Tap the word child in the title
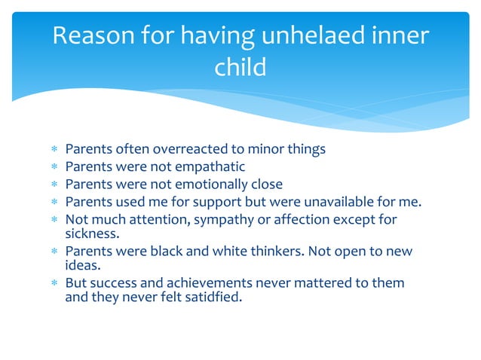[240, 68]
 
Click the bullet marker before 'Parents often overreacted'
[54, 149]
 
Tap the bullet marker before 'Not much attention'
[54, 219]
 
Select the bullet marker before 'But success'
[54, 283]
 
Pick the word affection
[297, 219]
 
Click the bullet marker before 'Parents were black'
[54, 251]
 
